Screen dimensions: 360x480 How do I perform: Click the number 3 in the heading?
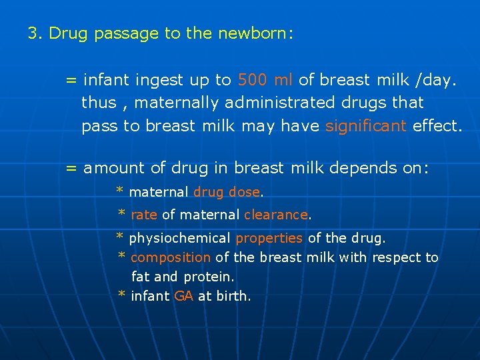pos(33,33)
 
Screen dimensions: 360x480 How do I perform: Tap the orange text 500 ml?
pos(265,81)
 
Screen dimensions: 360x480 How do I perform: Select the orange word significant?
pos(365,127)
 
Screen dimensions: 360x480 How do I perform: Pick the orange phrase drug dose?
pos(226,192)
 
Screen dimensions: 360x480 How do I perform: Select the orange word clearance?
pos(275,215)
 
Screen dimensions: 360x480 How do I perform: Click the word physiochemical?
pos(179,238)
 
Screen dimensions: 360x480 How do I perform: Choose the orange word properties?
pos(269,238)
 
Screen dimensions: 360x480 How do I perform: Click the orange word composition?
pos(171,257)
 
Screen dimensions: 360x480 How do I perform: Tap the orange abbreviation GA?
pos(183,295)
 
